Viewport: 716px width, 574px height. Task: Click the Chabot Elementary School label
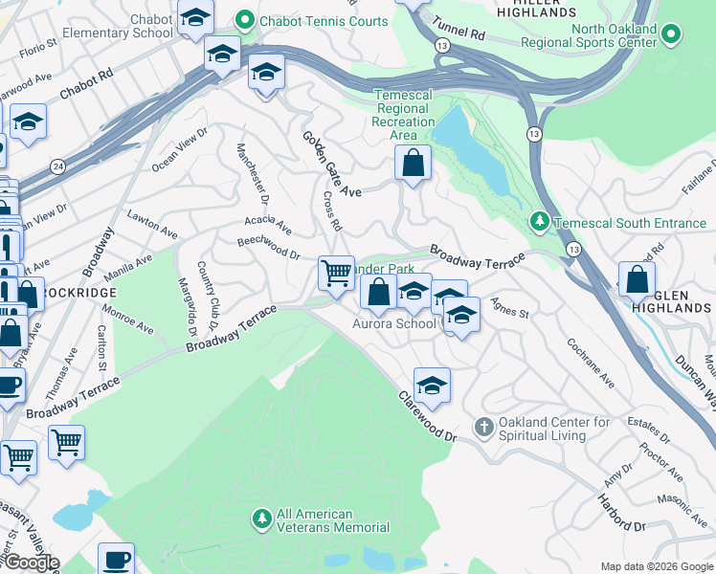(118, 26)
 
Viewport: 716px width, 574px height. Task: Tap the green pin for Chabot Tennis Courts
(245, 20)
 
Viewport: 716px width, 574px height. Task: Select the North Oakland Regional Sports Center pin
(671, 36)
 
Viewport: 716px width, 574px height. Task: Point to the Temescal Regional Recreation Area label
(403, 115)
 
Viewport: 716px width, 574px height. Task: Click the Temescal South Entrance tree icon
(539, 222)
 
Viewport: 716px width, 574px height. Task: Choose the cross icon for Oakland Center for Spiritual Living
(485, 426)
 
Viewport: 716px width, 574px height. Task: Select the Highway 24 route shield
(58, 167)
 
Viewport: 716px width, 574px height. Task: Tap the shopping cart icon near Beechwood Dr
(336, 274)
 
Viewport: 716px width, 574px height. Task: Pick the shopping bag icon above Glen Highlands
(638, 280)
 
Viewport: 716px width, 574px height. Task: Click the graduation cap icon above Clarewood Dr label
(432, 385)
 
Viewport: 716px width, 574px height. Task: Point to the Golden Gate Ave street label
(331, 164)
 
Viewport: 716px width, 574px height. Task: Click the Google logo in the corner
(31, 563)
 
